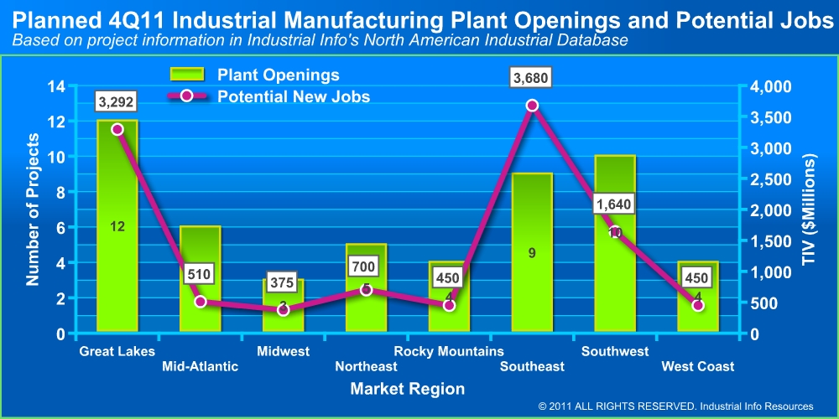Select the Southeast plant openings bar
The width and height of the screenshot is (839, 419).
(x=532, y=251)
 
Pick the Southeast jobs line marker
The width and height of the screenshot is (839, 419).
(x=532, y=106)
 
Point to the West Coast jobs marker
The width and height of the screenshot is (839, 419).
(x=698, y=305)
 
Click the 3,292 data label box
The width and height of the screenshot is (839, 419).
(x=117, y=102)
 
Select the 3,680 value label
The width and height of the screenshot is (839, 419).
(x=532, y=78)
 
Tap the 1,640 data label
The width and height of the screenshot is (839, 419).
(x=615, y=204)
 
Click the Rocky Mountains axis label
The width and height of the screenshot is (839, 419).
(x=449, y=351)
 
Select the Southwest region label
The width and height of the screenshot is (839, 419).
(x=615, y=351)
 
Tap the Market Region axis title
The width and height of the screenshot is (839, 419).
(x=408, y=389)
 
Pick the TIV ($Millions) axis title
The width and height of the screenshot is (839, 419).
(x=809, y=209)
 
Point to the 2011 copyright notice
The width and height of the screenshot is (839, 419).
(x=676, y=406)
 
